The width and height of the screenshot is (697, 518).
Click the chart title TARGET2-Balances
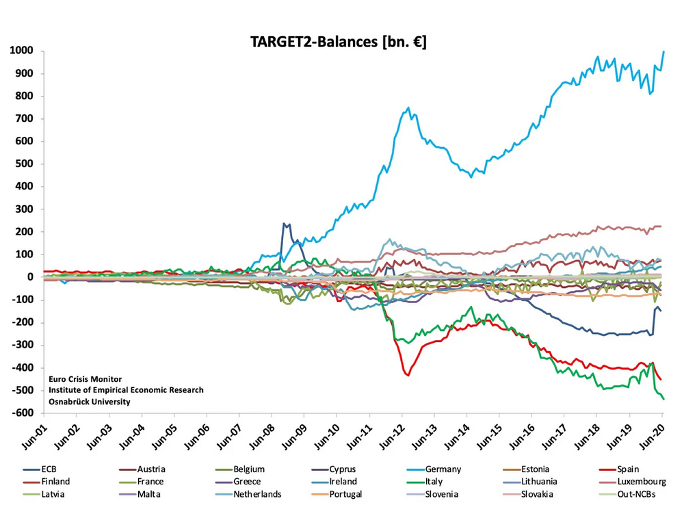(339, 42)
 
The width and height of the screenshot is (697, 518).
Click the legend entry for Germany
(443, 469)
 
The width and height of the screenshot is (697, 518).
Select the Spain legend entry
(628, 469)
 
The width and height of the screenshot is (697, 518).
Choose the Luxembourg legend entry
(641, 482)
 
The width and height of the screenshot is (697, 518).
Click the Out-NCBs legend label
(636, 494)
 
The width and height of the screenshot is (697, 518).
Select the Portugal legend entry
(345, 494)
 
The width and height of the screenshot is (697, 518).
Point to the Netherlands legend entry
(257, 494)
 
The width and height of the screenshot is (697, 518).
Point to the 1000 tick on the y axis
(21, 51)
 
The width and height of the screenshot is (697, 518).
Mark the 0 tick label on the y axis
(31, 277)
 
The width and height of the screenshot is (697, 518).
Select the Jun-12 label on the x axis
(392, 437)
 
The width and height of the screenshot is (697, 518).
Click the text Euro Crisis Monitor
(86, 378)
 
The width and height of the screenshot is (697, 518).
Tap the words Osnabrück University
(89, 402)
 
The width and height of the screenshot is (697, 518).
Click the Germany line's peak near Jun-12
(408, 107)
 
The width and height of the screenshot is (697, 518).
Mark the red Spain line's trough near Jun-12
(408, 375)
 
